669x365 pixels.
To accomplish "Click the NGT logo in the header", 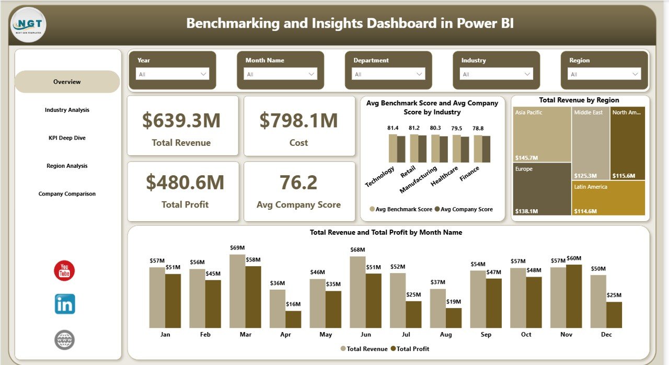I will click(28, 24).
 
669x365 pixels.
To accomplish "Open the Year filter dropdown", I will click(172, 74).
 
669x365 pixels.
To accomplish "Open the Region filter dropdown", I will click(604, 74).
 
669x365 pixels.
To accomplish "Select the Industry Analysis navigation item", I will click(67, 110).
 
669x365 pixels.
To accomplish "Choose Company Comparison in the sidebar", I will click(67, 194).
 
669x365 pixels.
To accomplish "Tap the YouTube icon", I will click(64, 271).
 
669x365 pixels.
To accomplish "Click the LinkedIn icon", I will click(65, 304).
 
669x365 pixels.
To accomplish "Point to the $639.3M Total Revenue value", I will click(181, 121).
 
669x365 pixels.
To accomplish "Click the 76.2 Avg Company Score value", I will click(298, 182).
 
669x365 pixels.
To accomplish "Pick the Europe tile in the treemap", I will click(541, 188).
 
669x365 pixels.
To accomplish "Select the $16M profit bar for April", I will click(293, 320).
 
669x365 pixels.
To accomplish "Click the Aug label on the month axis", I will click(446, 335).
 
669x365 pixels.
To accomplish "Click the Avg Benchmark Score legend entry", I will click(401, 209).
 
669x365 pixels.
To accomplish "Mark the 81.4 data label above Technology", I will click(393, 128).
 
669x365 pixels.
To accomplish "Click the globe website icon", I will click(64, 340).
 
